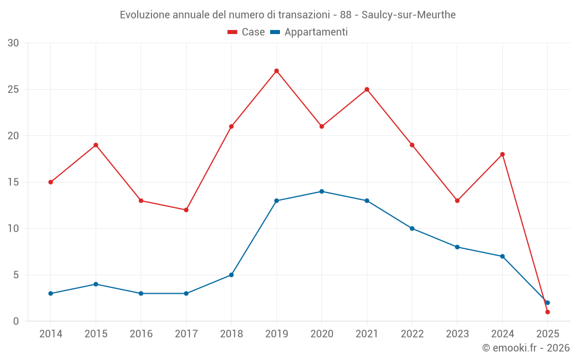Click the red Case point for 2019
coord(276,71)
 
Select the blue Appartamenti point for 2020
coord(321,191)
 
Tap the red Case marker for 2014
coord(51,182)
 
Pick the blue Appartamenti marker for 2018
coord(231,275)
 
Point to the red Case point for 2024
coord(502,154)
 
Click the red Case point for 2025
coord(547,312)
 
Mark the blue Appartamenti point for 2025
coord(547,302)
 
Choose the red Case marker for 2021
coord(367,89)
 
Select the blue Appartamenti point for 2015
coord(96,284)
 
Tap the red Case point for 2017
coord(186,210)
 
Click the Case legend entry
coord(247,32)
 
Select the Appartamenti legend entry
coord(309,32)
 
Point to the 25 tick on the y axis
coord(13,89)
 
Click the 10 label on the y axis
coord(13,229)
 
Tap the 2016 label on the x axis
coord(141,334)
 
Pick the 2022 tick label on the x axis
coord(412,334)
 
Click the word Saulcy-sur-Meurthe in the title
coord(408,15)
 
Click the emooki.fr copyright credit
coord(526,348)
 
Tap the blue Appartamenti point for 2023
coord(457,247)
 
